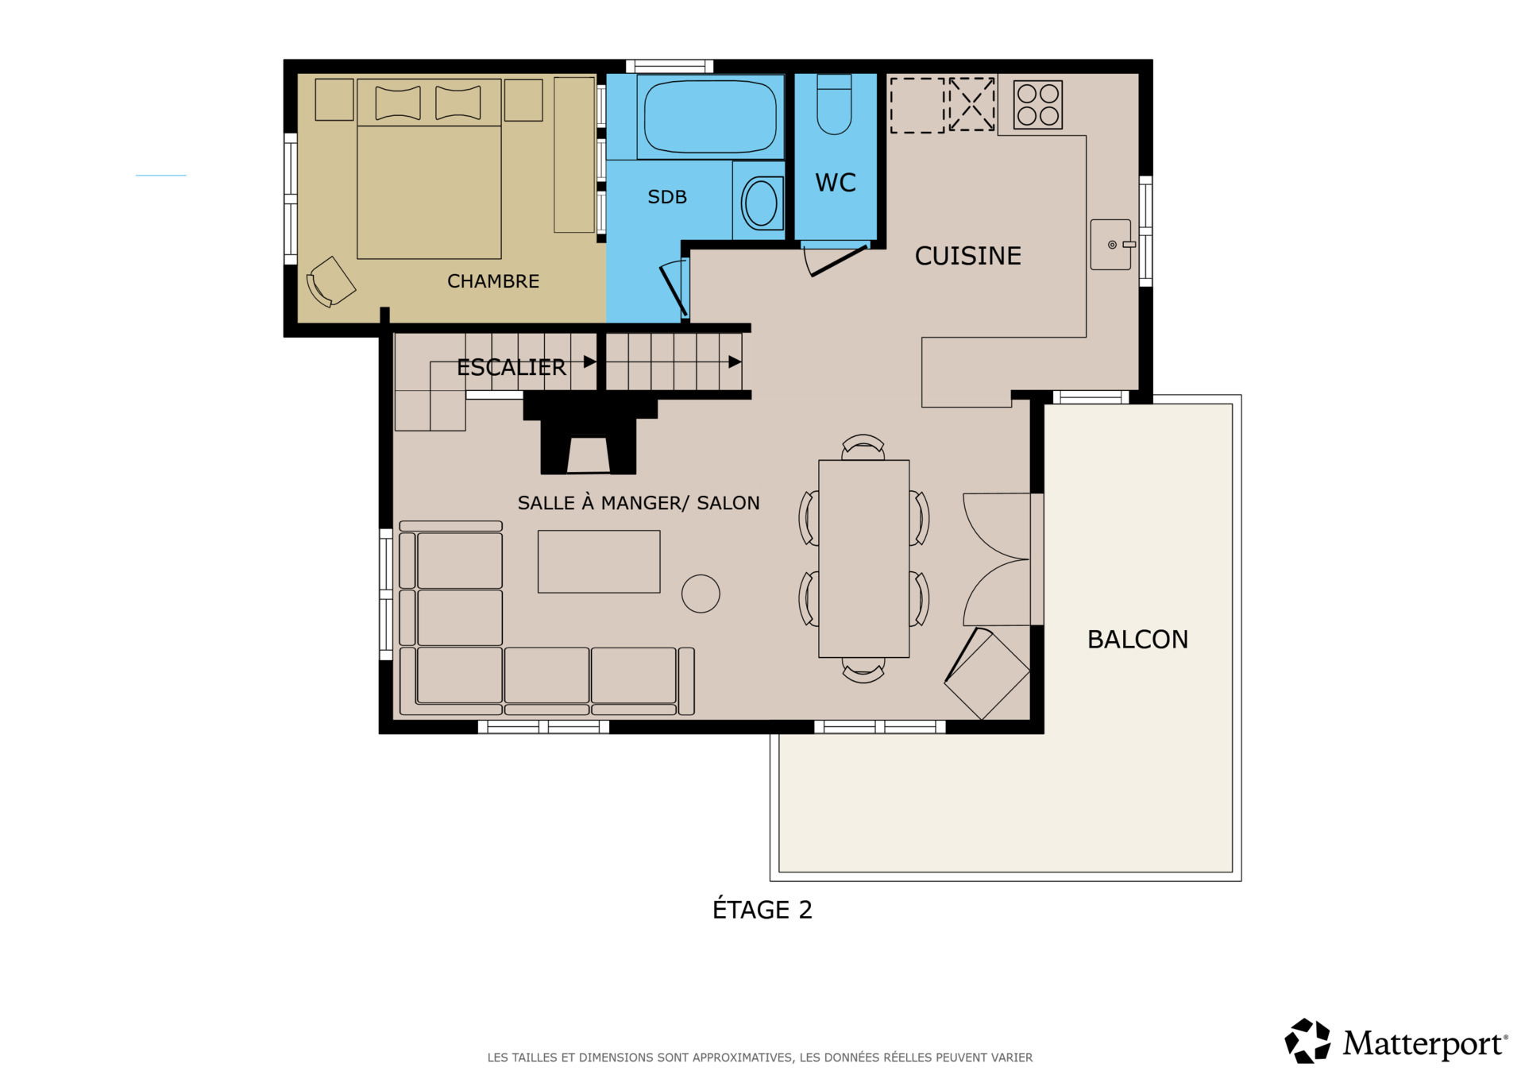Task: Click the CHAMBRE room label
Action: click(493, 281)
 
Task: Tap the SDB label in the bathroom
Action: click(667, 197)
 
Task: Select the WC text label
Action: click(836, 183)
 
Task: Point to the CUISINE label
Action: click(967, 256)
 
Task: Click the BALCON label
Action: click(1137, 640)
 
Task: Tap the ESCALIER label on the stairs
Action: click(512, 367)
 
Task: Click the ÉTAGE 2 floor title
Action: click(762, 909)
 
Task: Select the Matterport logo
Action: click(1396, 1041)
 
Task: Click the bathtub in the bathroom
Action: click(710, 117)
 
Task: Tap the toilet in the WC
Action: click(834, 104)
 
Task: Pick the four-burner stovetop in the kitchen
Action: click(1038, 104)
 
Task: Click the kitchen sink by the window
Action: click(1110, 245)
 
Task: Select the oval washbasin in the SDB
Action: click(761, 203)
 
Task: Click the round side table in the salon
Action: click(701, 594)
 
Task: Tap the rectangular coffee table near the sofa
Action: click(599, 562)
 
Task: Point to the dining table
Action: click(864, 559)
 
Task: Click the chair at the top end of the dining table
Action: click(863, 447)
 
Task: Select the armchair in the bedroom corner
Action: click(330, 281)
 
